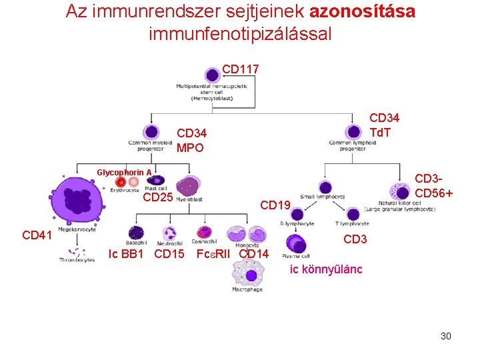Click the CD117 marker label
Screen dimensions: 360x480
240,69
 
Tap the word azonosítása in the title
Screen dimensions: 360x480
363,11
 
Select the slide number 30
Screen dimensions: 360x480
445,336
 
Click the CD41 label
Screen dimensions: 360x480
37,235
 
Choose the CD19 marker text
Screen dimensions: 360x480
275,205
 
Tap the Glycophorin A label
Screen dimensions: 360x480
124,173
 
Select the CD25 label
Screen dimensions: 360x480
158,197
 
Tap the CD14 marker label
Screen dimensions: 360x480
253,253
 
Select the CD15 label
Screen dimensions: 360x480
169,253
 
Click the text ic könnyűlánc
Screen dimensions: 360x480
325,269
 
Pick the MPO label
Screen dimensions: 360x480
190,148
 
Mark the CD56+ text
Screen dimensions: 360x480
434,193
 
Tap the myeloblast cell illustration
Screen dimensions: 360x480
188,186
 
